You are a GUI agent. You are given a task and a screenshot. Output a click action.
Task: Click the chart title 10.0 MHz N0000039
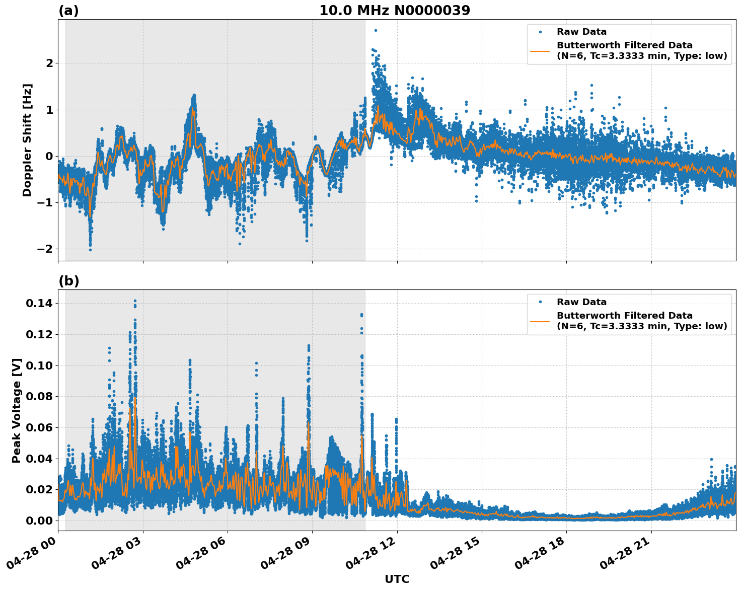pyautogui.click(x=395, y=11)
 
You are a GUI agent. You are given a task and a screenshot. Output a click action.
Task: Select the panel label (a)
pyautogui.click(x=68, y=11)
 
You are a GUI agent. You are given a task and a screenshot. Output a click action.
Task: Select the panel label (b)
pyautogui.click(x=68, y=281)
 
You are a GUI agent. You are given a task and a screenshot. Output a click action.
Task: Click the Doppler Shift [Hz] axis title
pyautogui.click(x=27, y=140)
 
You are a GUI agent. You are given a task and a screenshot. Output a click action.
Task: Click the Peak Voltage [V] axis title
pyautogui.click(x=17, y=410)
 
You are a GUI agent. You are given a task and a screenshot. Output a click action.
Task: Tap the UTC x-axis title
pyautogui.click(x=397, y=579)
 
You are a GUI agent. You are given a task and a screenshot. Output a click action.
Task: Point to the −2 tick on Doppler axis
pyautogui.click(x=45, y=249)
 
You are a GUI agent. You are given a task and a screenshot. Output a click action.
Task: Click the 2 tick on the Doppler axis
pyautogui.click(x=49, y=63)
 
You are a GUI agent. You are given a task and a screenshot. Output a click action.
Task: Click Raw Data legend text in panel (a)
pyautogui.click(x=581, y=32)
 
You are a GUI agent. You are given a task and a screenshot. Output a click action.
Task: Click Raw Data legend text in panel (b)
pyautogui.click(x=581, y=302)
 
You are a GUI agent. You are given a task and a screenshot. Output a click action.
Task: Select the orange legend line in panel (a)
pyautogui.click(x=540, y=50)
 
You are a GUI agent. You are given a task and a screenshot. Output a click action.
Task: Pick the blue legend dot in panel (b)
pyautogui.click(x=540, y=302)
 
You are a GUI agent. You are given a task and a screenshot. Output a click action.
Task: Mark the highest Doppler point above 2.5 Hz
pyautogui.click(x=376, y=30)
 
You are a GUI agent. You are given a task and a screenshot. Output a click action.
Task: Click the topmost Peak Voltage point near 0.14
pyautogui.click(x=135, y=301)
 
